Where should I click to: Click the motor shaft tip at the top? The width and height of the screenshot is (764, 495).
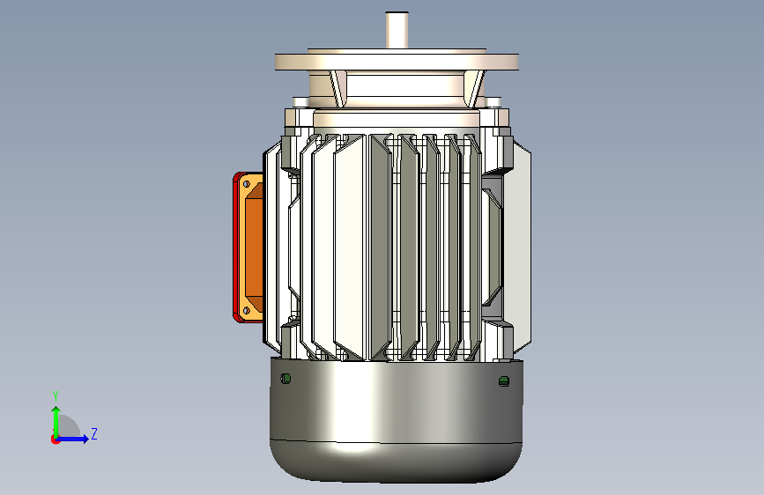click(x=397, y=13)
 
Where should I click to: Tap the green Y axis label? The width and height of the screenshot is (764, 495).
click(x=56, y=396)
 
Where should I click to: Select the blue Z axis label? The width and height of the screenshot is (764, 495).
click(x=94, y=433)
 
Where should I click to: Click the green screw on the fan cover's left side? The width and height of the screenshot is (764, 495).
click(x=286, y=379)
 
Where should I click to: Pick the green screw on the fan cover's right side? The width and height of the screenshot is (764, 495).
click(x=504, y=381)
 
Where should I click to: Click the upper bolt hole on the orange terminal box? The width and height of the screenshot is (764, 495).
click(x=247, y=184)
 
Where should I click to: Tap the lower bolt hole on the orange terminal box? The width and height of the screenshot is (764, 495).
click(x=247, y=310)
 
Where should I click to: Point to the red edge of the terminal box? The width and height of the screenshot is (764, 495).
click(x=236, y=247)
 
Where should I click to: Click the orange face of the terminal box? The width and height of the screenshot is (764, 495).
click(x=254, y=247)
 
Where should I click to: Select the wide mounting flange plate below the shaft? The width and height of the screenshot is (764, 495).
click(x=397, y=62)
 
